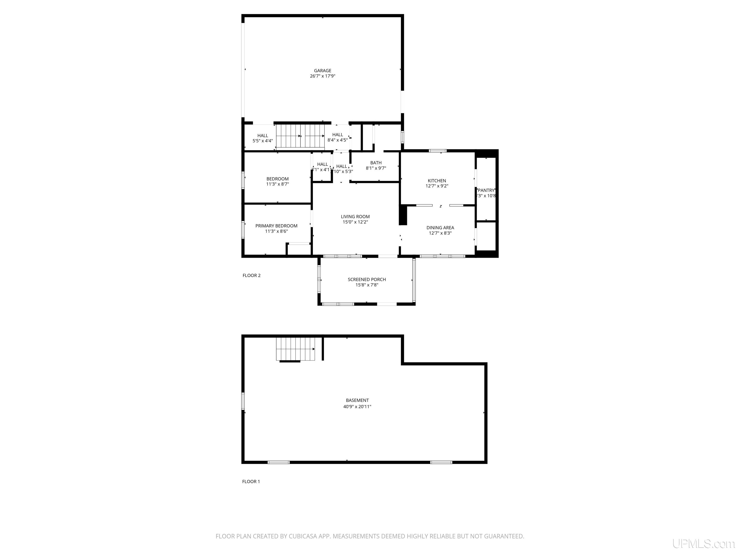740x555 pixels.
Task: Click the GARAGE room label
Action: pyautogui.click(x=323, y=71)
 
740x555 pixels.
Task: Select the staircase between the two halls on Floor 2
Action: pyautogui.click(x=300, y=137)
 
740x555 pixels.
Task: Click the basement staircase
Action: pyautogui.click(x=295, y=349)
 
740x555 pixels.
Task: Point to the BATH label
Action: pyautogui.click(x=376, y=163)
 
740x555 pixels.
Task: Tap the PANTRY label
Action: pyautogui.click(x=486, y=190)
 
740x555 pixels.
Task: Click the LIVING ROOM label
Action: pyautogui.click(x=355, y=217)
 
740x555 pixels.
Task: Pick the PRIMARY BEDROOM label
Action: pyautogui.click(x=276, y=226)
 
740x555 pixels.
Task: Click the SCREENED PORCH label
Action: pyautogui.click(x=367, y=279)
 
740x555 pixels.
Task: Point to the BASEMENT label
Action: pyautogui.click(x=357, y=400)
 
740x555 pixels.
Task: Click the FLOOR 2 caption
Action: pyautogui.click(x=251, y=276)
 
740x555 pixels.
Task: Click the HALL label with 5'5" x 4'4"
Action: pyautogui.click(x=263, y=135)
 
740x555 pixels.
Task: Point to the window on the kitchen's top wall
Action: pyautogui.click(x=438, y=151)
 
